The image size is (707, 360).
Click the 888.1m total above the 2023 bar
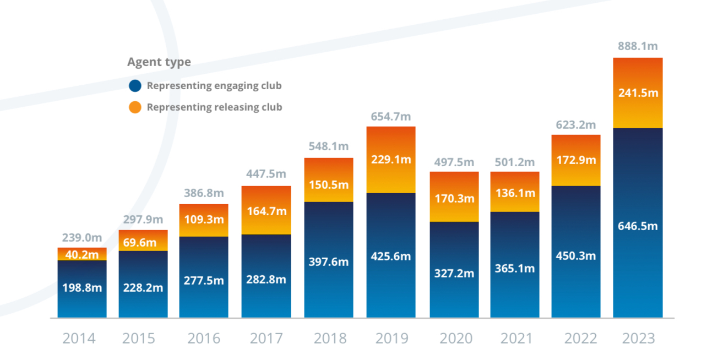pos(638,46)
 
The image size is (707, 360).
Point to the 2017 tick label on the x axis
pos(267,338)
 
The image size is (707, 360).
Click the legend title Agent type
pos(159,62)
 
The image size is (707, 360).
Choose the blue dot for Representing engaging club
pos(135,86)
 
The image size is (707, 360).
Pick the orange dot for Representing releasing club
pos(135,107)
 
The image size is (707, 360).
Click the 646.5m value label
pos(638,226)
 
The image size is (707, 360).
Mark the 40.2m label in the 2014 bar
pos(82,255)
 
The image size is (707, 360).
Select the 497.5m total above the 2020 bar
pos(454,162)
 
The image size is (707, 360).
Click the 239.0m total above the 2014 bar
pos(82,238)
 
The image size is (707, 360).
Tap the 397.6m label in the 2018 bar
pos(329,261)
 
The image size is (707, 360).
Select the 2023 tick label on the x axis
pos(639,338)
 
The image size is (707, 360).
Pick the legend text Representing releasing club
pos(214,107)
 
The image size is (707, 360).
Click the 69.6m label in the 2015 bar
pos(143,243)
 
